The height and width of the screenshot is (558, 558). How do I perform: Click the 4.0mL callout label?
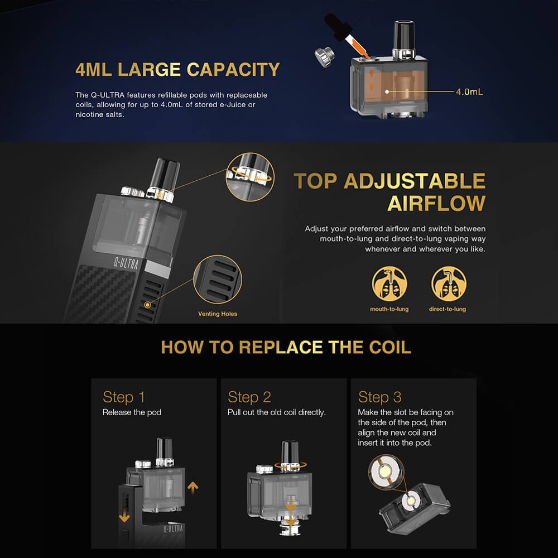point(469,92)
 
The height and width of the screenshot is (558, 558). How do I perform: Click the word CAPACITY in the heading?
point(233,69)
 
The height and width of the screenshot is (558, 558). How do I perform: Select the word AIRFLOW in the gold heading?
point(436,203)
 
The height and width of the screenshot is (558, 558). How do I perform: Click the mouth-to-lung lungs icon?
point(389,284)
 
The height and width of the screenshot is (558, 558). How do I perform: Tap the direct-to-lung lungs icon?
point(449,284)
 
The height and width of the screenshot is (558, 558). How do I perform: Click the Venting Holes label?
point(218,314)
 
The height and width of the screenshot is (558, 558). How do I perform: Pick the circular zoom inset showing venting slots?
point(218,280)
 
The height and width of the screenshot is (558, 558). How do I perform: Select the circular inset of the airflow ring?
point(250,177)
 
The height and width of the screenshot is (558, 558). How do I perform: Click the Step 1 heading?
point(123,397)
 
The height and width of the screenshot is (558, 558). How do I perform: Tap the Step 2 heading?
point(249,397)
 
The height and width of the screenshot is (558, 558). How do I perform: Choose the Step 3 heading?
point(379,397)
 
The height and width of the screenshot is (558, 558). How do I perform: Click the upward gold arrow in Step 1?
point(193,488)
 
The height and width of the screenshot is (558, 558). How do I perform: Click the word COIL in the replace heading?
point(390,347)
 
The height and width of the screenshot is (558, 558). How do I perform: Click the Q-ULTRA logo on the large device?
point(126,263)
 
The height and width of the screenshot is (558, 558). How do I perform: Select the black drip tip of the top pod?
point(404,36)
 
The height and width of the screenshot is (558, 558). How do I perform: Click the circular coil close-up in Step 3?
point(386,472)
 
